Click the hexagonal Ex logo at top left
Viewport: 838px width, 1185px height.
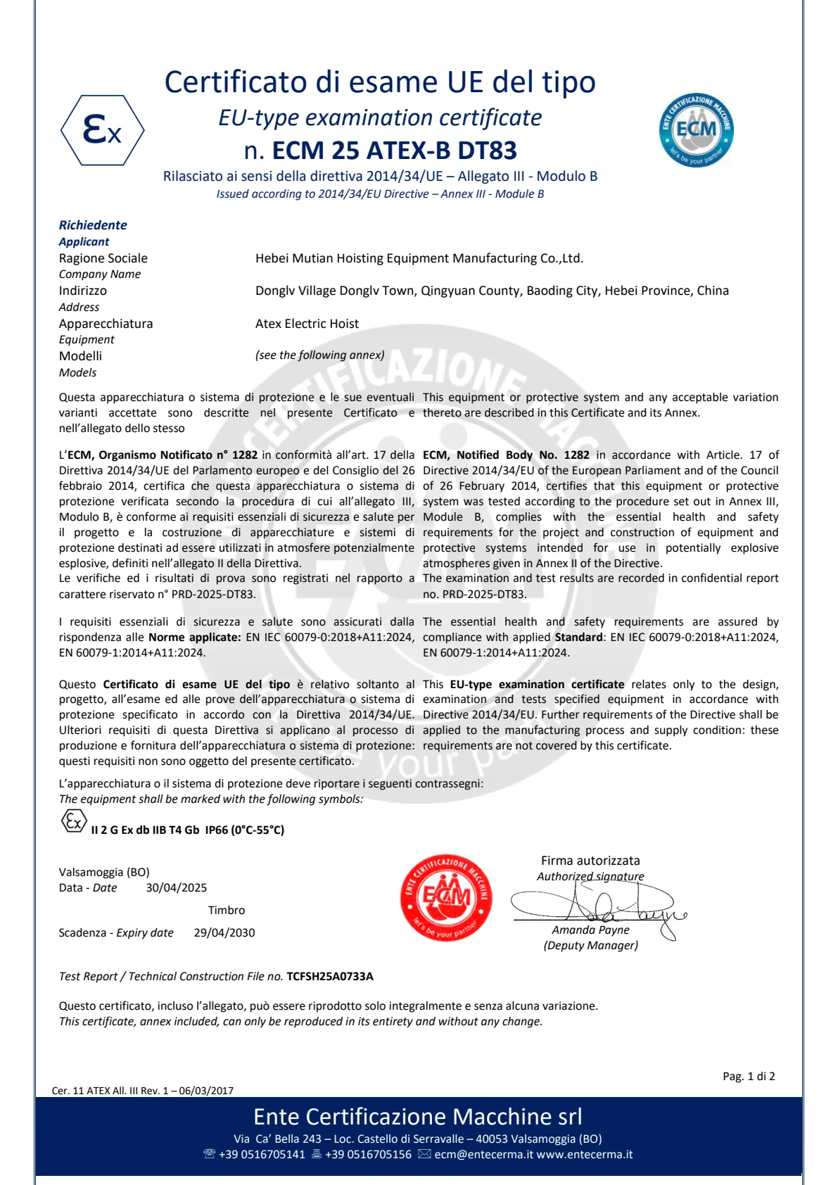103,130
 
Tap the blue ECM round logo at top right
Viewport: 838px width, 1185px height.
696,130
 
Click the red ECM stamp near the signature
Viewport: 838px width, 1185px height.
446,897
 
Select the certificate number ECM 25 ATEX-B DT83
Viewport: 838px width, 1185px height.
394,151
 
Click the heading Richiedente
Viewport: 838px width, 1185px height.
93,225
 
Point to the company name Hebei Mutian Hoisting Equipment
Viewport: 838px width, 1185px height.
419,258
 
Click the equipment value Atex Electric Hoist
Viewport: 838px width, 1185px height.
307,324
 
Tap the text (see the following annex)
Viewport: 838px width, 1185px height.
319,355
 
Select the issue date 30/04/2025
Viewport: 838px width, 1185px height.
176,888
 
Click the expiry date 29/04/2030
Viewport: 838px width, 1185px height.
224,933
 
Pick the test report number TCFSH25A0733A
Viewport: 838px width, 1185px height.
329,977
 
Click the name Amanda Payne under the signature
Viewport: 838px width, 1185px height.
590,930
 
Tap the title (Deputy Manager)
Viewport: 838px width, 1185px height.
590,946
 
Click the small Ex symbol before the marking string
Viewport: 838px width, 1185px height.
74,821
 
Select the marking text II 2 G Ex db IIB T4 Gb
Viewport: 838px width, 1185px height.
146,830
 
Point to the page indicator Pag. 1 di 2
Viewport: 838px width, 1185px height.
748,1077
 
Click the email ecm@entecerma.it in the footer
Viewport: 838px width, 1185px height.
483,1155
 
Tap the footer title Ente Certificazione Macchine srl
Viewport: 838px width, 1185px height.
418,1117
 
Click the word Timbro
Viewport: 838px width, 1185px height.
226,911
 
